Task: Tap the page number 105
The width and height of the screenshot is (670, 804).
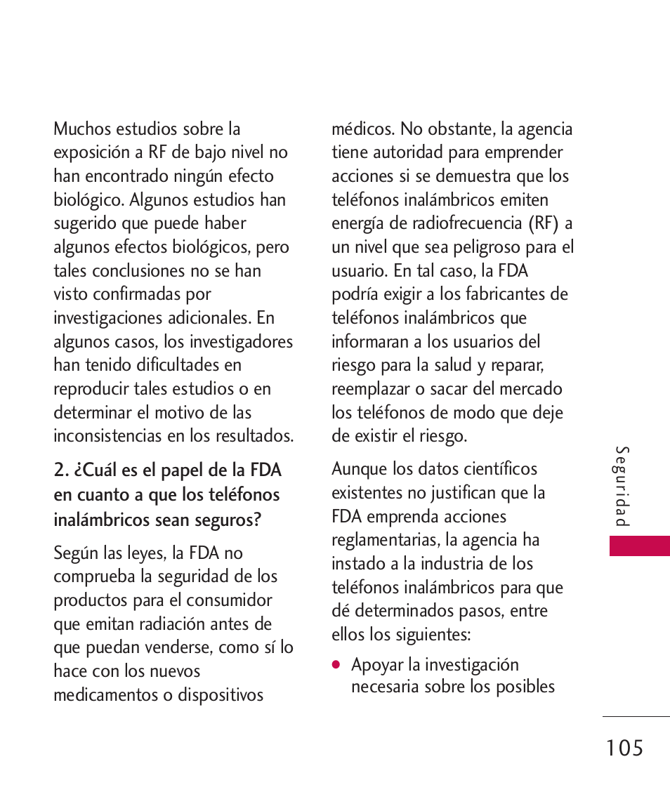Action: pyautogui.click(x=622, y=749)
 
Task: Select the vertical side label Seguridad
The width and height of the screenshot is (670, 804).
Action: pyautogui.click(x=622, y=487)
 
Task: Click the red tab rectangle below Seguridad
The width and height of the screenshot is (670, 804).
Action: pyautogui.click(x=639, y=546)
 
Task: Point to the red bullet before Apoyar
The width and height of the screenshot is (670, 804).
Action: pyautogui.click(x=337, y=664)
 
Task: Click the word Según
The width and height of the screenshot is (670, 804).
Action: pyautogui.click(x=76, y=554)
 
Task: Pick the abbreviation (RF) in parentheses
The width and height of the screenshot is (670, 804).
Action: pyautogui.click(x=544, y=224)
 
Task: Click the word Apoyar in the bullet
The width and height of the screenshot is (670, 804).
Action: pyautogui.click(x=378, y=665)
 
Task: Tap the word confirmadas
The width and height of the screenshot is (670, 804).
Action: pyautogui.click(x=132, y=295)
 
